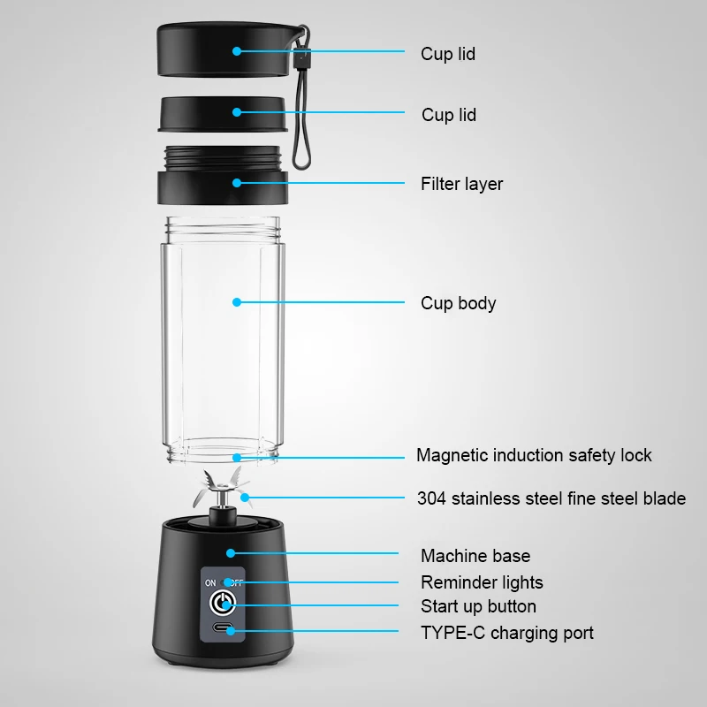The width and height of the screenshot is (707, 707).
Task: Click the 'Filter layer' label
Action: [x=461, y=184]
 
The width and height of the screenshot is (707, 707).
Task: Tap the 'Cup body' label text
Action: [x=458, y=303]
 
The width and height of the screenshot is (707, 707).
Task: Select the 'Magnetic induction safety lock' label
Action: [x=534, y=455]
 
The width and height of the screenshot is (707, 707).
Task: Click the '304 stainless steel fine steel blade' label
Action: [x=551, y=498]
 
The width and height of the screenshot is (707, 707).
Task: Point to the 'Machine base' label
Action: [x=475, y=556]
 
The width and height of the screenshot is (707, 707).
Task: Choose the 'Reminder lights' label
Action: [x=482, y=582]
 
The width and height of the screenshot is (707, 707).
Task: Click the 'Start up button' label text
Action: [x=478, y=606]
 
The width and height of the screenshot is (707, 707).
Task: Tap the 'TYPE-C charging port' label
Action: [x=507, y=633]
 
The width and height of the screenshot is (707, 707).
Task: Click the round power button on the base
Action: [x=223, y=604]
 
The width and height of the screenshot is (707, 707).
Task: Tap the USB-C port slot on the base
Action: [x=223, y=631]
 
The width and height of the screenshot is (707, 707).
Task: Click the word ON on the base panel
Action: [x=210, y=583]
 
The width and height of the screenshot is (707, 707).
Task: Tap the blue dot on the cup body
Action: [x=237, y=302]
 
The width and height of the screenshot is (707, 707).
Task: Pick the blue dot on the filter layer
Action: [x=237, y=183]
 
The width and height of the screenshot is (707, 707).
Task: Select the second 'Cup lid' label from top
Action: [x=449, y=115]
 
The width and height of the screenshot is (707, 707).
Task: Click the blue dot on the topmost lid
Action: [x=237, y=51]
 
